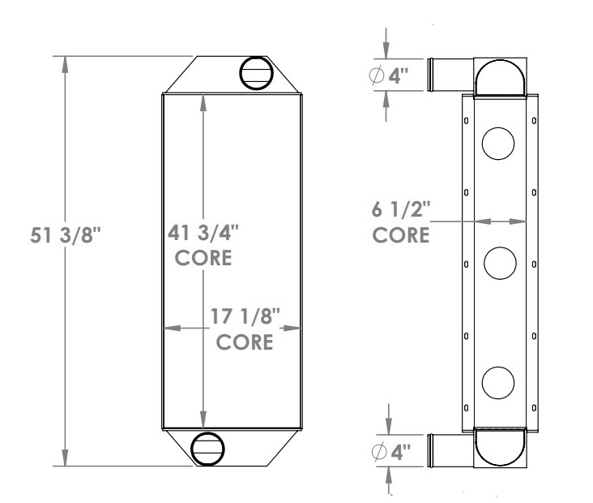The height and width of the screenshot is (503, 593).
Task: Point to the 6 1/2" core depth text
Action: (401, 211)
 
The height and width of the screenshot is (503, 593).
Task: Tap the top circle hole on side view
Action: (498, 144)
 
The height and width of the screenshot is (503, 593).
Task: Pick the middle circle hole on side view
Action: (499, 262)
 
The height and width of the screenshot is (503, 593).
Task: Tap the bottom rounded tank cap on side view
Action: (500, 450)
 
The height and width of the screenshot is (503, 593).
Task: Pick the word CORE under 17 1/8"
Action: (245, 342)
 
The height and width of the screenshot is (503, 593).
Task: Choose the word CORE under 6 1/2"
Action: (401, 235)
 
